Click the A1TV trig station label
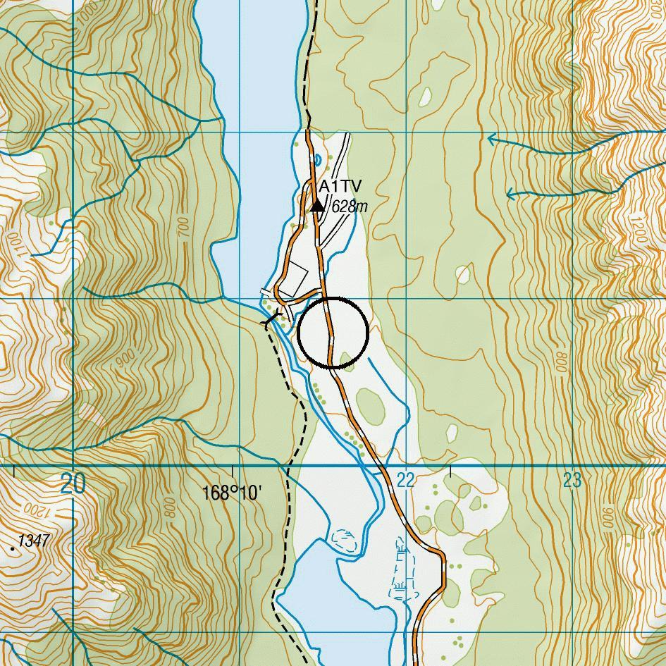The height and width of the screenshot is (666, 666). pyautogui.click(x=340, y=187)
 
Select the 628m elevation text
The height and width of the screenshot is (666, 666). pyautogui.click(x=350, y=206)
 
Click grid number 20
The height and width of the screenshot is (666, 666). pyautogui.click(x=73, y=483)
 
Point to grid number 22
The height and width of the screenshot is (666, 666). pyautogui.click(x=405, y=481)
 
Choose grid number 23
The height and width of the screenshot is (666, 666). pyautogui.click(x=572, y=481)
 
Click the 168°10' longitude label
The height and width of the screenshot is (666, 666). pyautogui.click(x=232, y=493)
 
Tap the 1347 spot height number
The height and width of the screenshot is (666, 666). pyautogui.click(x=34, y=541)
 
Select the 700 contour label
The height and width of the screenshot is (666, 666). pyautogui.click(x=184, y=227)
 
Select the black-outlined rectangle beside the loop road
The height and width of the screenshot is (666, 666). pyautogui.click(x=295, y=279)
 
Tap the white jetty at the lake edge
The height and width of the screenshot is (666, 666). pyautogui.click(x=266, y=291)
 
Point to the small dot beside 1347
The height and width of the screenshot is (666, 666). pyautogui.click(x=13, y=546)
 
